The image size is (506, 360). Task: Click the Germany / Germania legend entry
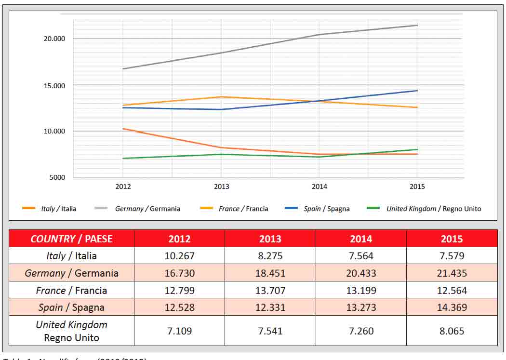tap(147, 209)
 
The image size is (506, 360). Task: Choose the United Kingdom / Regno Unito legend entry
tap(433, 209)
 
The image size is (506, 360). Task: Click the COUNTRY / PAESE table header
tap(71, 239)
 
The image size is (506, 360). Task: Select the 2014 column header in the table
tap(361, 239)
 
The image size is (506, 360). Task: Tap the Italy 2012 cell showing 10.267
tap(179, 256)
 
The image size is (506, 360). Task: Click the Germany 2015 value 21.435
tap(452, 273)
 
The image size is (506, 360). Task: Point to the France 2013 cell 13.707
tap(270, 291)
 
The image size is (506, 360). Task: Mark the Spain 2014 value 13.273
tap(361, 307)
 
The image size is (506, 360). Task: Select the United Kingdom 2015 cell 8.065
tap(452, 331)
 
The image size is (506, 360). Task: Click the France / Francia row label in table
tap(71, 291)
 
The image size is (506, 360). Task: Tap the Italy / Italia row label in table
tap(71, 256)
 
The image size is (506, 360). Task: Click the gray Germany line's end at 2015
tap(417, 25)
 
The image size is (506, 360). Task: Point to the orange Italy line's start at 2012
tap(123, 129)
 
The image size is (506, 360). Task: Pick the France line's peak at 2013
tap(221, 97)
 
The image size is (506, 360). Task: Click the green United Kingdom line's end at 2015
tap(417, 149)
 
